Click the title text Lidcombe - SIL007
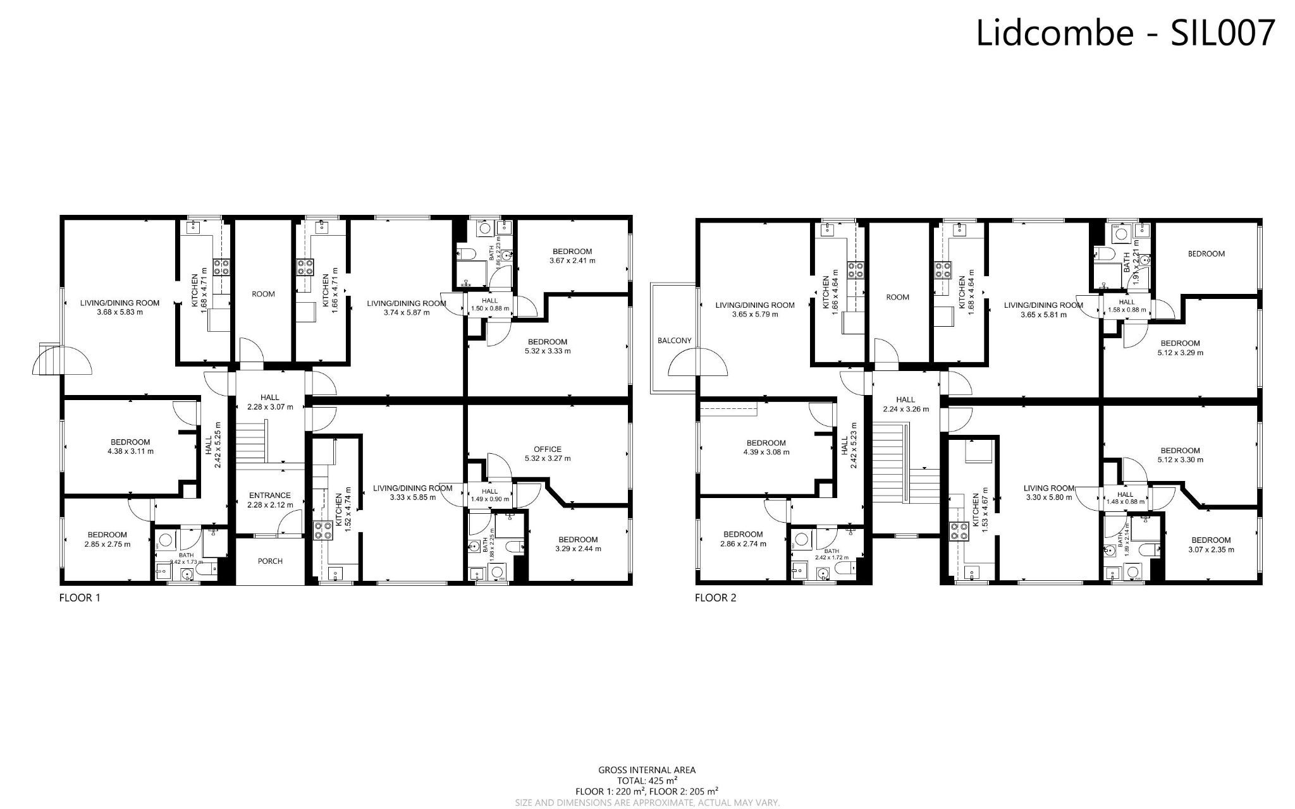tap(1126, 33)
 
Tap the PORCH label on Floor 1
tap(270, 561)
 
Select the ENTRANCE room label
tap(270, 496)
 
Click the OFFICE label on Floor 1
tap(547, 449)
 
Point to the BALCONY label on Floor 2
tap(675, 340)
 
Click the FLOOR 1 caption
tap(80, 598)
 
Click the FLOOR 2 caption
tap(715, 598)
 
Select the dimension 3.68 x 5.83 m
tap(120, 312)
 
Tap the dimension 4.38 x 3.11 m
tap(130, 451)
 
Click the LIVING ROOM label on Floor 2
tap(1049, 488)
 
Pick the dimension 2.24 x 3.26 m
tap(905, 409)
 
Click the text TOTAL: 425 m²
tap(647, 781)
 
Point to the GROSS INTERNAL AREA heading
tap(647, 770)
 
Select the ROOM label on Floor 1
tap(263, 294)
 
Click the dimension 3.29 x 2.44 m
tap(578, 549)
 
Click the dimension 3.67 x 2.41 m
tap(572, 260)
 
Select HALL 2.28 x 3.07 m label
tap(270, 402)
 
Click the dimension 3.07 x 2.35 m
tap(1211, 549)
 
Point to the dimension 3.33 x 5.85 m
tap(412, 497)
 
